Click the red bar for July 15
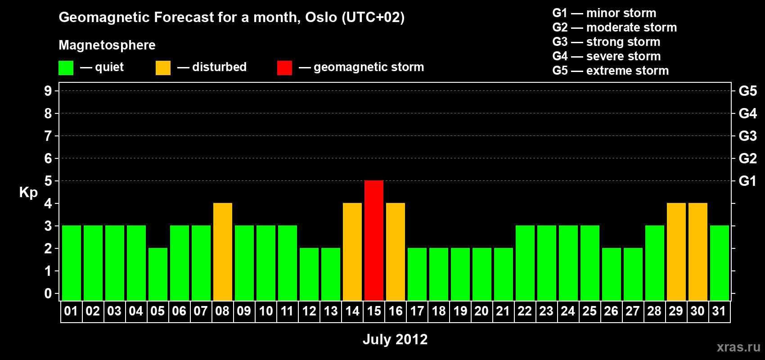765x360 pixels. tap(374, 240)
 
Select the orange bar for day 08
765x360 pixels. tap(223, 252)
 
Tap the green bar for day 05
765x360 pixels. tap(158, 274)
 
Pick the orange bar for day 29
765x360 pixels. tap(676, 252)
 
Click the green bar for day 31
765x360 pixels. tap(720, 263)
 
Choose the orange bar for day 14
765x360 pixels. tap(352, 252)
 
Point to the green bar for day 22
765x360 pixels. tap(525, 263)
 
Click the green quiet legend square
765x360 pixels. tap(66, 67)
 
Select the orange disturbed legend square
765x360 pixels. tap(163, 67)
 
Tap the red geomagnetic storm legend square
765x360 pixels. tap(284, 67)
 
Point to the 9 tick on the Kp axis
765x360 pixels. tap(48, 91)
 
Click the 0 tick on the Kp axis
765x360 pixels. tap(48, 293)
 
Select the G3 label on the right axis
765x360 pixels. tap(747, 136)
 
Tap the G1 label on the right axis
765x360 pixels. tap(747, 181)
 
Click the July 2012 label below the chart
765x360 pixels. tap(395, 339)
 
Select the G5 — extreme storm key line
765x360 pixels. tap(610, 71)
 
